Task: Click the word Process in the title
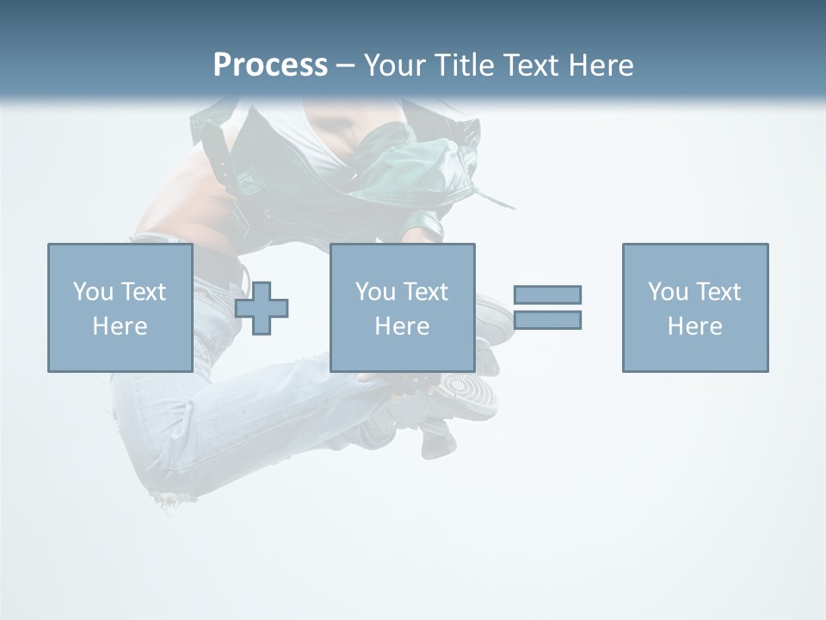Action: tap(270, 65)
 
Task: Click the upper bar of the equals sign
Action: tap(547, 294)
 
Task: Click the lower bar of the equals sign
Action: tap(547, 319)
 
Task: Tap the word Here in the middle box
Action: tap(402, 326)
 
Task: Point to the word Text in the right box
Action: tap(719, 292)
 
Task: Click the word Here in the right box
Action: tap(694, 326)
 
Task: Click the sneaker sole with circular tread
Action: tap(469, 395)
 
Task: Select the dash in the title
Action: tap(346, 66)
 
